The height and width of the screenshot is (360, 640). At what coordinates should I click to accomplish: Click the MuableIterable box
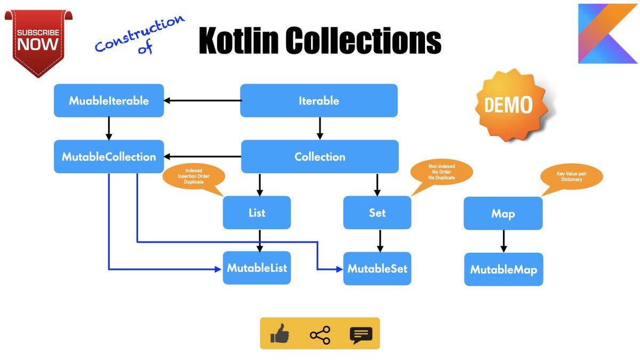click(109, 100)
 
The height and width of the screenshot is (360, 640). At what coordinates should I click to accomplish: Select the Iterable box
click(319, 100)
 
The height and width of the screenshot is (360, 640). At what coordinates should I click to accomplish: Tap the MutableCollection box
click(109, 157)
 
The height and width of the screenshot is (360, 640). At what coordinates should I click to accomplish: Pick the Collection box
click(319, 157)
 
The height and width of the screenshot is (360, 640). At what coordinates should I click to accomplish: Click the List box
click(257, 213)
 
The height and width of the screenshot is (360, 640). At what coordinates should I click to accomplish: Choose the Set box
click(377, 213)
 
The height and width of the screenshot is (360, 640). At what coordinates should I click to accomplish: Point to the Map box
click(503, 213)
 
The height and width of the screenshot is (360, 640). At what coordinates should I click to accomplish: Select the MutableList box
click(257, 268)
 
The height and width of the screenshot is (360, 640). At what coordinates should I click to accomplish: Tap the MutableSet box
click(377, 268)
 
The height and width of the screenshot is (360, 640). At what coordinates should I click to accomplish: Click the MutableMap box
click(503, 269)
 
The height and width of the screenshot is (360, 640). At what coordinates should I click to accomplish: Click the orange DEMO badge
click(508, 105)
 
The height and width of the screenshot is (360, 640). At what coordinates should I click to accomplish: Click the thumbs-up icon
click(279, 335)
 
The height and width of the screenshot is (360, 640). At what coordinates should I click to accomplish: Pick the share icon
click(319, 335)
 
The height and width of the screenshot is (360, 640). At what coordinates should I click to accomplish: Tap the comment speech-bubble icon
click(361, 335)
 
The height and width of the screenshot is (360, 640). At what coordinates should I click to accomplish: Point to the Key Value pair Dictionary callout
click(571, 177)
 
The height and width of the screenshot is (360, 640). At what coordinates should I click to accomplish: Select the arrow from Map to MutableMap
click(503, 241)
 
